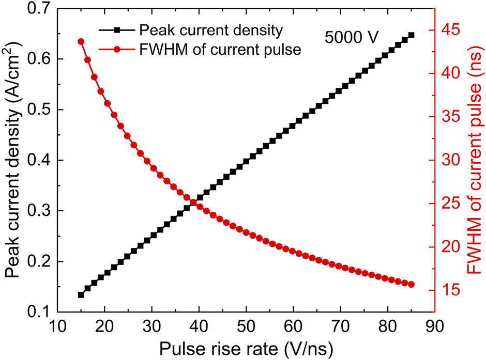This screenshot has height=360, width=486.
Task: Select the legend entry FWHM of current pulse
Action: pos(220,50)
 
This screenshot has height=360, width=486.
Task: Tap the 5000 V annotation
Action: pos(352,37)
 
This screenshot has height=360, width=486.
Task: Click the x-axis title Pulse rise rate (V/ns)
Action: pos(245,347)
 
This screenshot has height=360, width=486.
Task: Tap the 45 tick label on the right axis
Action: pos(449,29)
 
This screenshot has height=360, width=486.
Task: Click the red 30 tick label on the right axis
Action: pos(449,160)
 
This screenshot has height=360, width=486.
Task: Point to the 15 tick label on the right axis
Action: pos(449,290)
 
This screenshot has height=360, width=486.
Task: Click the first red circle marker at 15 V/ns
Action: pos(81,41)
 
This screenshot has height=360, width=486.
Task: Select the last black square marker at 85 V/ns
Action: pos(411,35)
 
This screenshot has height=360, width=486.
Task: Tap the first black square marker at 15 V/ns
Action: pos(81,294)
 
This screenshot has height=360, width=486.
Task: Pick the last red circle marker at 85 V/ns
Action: pos(411,285)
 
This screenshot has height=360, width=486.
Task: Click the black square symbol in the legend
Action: pos(117,31)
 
